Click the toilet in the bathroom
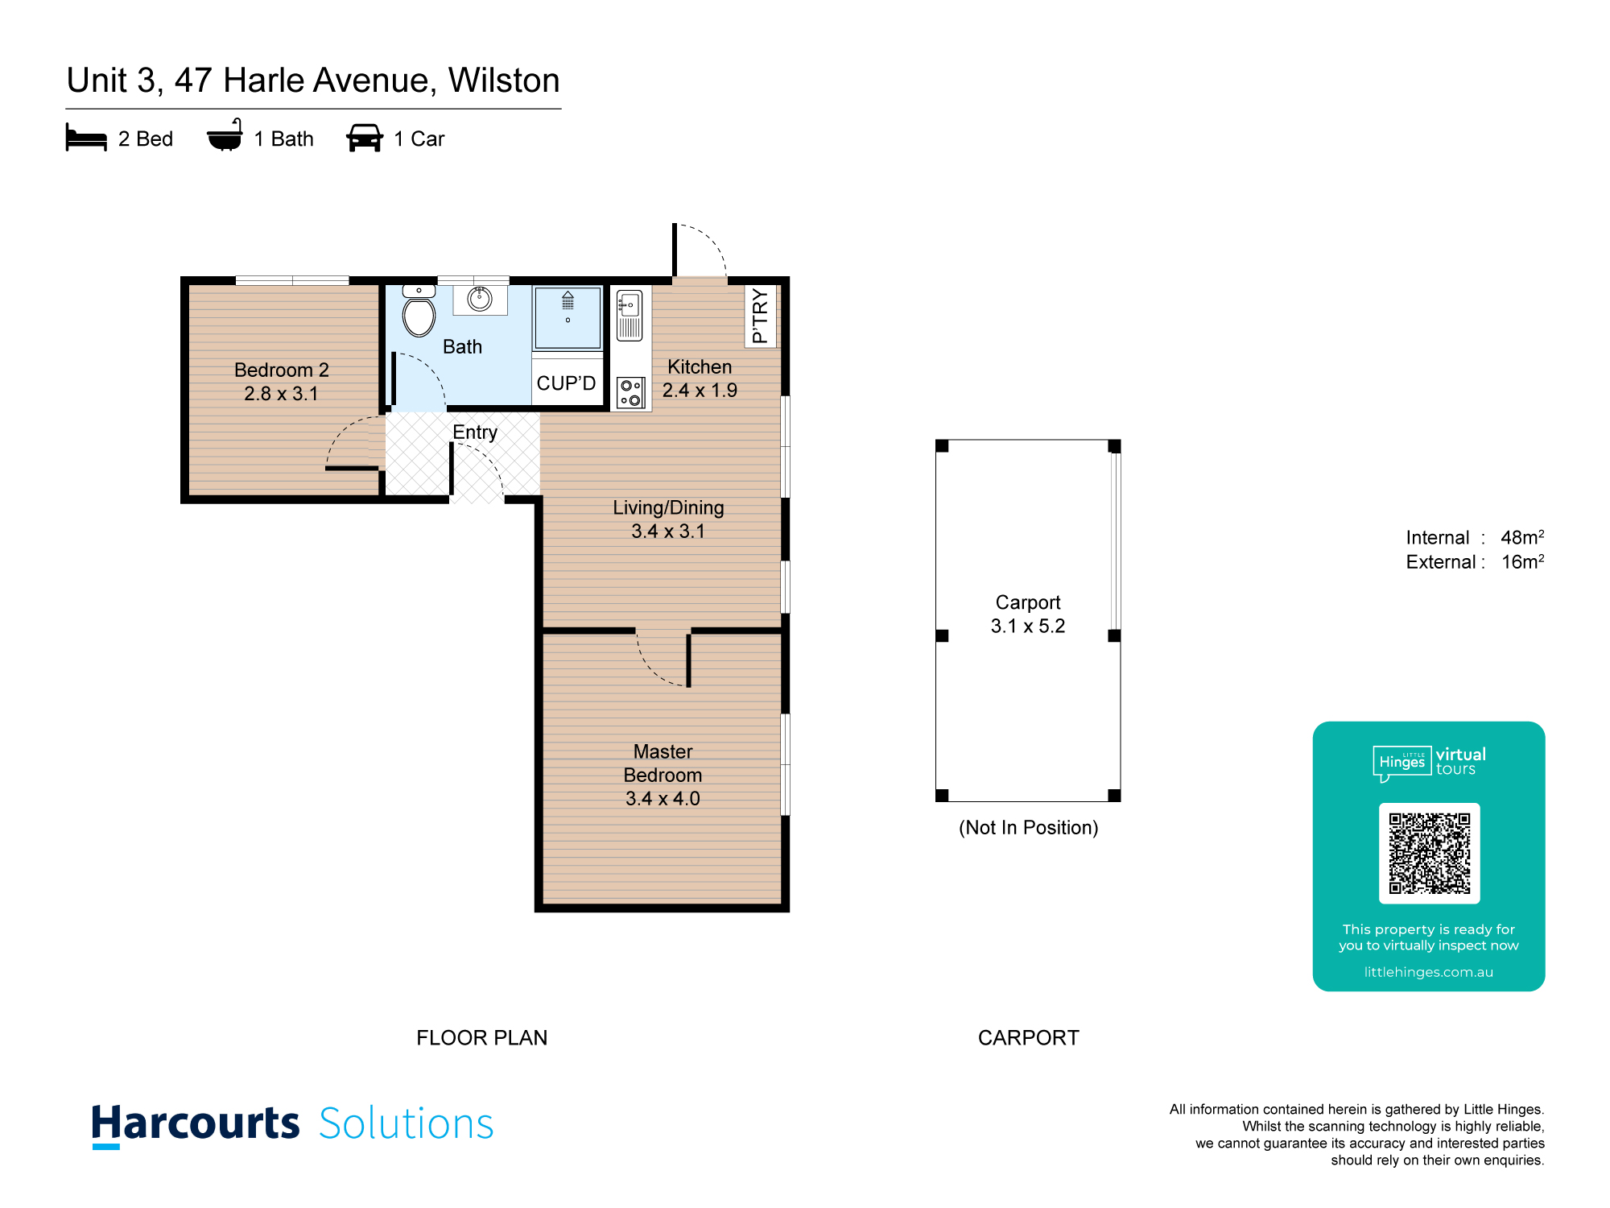419,312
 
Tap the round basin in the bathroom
480,299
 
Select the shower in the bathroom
568,317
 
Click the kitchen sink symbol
630,316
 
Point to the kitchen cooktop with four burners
631,392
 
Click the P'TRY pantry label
760,316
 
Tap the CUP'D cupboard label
567,383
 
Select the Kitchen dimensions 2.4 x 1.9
700,391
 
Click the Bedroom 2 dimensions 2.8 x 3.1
281,394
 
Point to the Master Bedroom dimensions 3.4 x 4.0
663,799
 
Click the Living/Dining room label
668,508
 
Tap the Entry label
475,432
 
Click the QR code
1430,854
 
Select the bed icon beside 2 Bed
86,138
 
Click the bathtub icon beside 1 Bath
225,135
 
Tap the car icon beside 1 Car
365,138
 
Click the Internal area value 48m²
1522,537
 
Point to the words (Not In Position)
1028,828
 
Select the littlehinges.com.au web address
1429,972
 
